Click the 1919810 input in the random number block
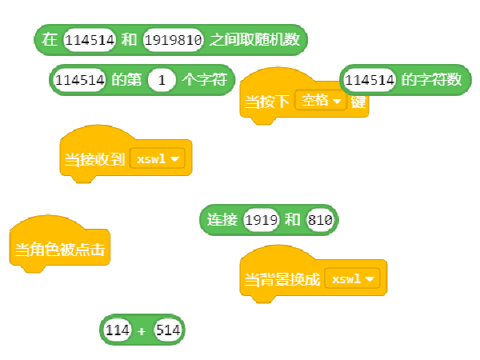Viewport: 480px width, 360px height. (x=174, y=39)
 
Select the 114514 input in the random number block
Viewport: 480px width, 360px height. (x=90, y=39)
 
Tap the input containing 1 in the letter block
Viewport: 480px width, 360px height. (x=162, y=80)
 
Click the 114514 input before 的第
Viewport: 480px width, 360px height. (x=79, y=80)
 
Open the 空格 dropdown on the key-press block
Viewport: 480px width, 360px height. (x=320, y=102)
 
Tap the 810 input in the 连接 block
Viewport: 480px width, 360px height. (x=319, y=220)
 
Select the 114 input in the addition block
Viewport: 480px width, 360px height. (x=118, y=330)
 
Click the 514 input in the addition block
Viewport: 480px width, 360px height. (x=168, y=330)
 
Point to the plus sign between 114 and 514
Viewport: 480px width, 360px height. (x=142, y=330)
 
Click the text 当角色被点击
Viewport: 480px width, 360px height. (x=60, y=250)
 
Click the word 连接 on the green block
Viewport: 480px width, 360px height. (x=223, y=220)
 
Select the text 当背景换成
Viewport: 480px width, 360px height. (x=282, y=280)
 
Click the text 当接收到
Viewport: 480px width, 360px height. (x=95, y=159)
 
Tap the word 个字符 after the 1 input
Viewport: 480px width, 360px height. (x=205, y=80)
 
